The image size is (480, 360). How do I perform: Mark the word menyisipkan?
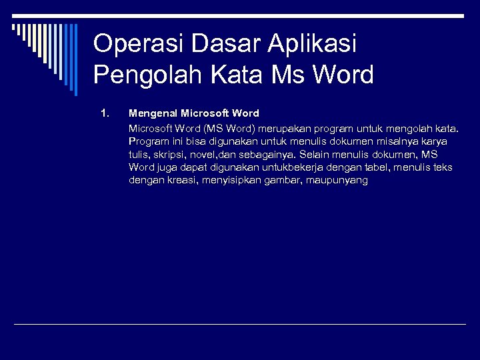[227, 181]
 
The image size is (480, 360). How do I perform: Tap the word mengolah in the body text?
[413, 127]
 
